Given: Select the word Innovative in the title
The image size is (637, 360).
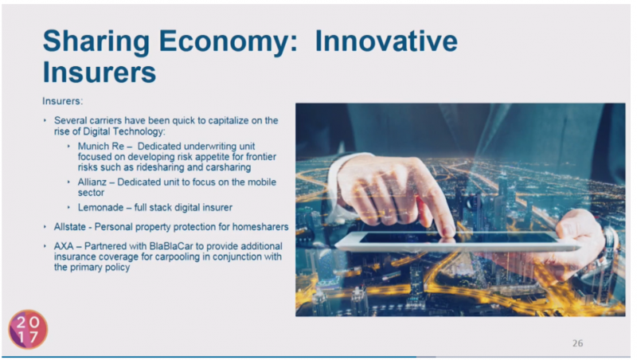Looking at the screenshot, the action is pos(386,41).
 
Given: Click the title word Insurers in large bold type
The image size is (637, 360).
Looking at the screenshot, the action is pos(99,72).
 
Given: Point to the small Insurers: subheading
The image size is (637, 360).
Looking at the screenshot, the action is pos(63,101).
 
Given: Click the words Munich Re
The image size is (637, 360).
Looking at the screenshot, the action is pos(101,147).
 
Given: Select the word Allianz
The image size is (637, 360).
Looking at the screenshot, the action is pos(92,182).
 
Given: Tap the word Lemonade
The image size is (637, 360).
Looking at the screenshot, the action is pos(100,207).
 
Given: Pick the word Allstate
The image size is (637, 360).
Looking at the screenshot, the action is pos(70,227).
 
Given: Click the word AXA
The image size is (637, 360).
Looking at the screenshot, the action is pos(64,246).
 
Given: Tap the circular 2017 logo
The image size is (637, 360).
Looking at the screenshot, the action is pos(28,330).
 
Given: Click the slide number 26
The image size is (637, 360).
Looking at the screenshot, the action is pos(578,343).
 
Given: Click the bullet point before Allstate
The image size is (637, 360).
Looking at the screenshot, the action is pos(45,227).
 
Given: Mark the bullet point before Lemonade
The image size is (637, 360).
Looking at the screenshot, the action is pos(68,207).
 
